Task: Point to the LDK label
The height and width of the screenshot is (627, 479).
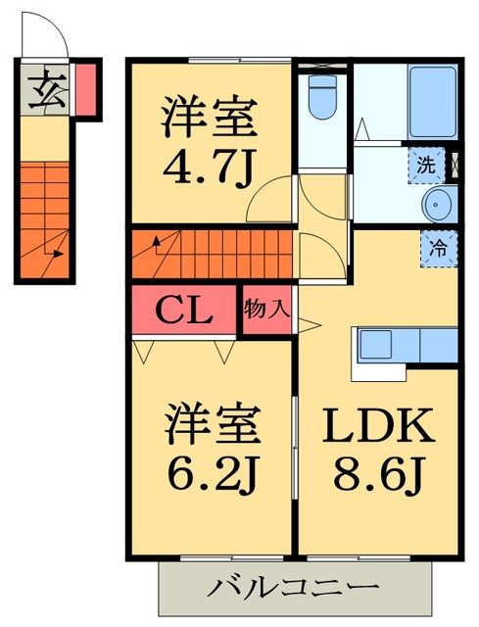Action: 378,427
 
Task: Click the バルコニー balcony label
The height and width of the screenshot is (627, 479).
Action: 294,589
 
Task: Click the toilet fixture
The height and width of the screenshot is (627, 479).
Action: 321,96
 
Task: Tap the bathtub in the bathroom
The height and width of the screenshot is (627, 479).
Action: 431,103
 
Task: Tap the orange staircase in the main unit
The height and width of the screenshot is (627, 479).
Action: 212,255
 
